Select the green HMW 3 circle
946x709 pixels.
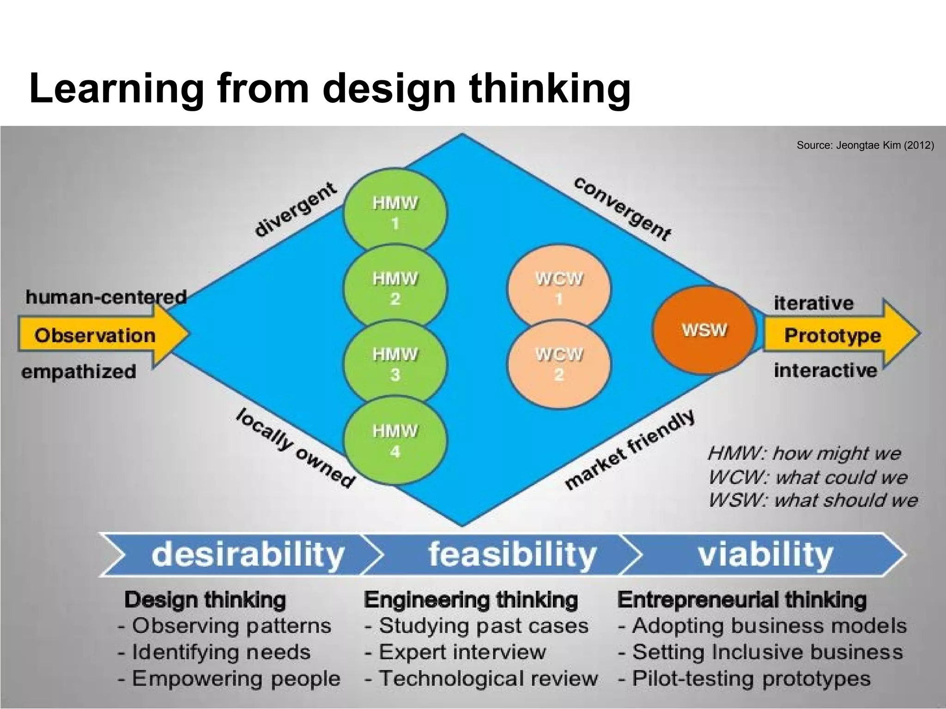coord(395,364)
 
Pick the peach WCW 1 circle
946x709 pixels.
coord(559,288)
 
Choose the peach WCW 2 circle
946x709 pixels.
coord(559,364)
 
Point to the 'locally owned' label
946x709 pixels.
coord(296,448)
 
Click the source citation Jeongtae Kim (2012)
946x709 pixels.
coord(865,145)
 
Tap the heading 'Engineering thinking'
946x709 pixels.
coord(471,600)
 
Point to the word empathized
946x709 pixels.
coord(79,372)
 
